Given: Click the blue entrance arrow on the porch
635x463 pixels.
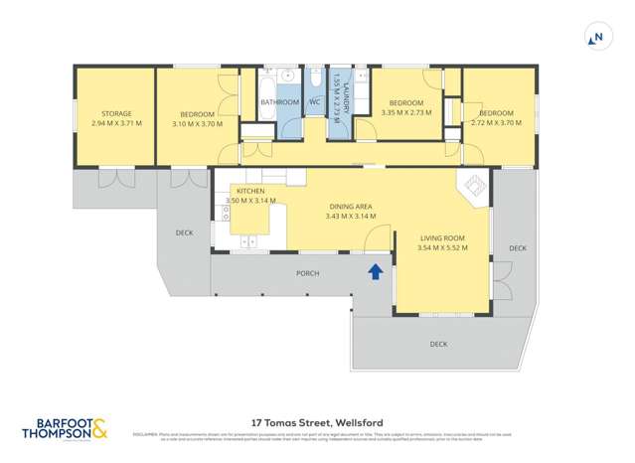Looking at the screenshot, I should (375, 270).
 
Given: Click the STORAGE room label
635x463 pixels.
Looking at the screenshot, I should (116, 114).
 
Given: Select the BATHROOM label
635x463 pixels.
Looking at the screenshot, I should (279, 101).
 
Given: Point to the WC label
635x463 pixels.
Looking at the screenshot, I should (313, 101).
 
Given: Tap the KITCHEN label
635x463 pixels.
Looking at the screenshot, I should (248, 190).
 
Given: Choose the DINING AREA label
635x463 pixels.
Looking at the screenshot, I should (350, 207).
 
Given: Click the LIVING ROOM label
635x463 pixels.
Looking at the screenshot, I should (442, 237).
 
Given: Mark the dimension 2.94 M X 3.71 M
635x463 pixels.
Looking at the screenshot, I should (116, 123).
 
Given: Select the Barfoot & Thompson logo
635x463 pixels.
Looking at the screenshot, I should (66, 428).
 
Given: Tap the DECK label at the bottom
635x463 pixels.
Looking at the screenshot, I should (438, 344).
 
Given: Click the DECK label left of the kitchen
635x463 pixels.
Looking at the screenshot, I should (184, 232).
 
